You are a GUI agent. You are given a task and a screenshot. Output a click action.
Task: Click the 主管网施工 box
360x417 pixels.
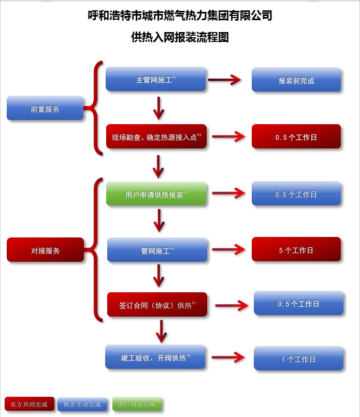tap(156, 80)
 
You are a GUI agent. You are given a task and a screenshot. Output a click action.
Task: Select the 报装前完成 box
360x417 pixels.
tap(296, 80)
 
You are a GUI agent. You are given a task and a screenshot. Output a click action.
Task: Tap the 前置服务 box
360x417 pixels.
tap(45, 109)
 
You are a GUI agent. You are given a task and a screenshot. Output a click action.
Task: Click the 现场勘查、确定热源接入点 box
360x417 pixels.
tap(156, 137)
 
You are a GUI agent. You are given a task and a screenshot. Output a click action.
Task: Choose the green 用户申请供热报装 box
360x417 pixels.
tap(156, 195)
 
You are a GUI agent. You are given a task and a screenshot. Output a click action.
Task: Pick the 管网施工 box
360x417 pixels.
tap(157, 250)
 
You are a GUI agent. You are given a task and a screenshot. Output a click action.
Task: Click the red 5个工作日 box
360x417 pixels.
tap(296, 250)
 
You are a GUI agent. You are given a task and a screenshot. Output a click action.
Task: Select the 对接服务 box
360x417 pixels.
tap(45, 250)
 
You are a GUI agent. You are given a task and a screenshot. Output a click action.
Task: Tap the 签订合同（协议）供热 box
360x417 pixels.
tap(157, 305)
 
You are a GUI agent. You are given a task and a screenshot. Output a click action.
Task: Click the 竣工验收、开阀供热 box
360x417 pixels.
tap(155, 357)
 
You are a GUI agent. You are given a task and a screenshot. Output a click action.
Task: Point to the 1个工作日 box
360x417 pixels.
tap(298, 359)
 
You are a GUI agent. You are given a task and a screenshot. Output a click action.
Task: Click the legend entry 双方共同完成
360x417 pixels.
tap(29, 404)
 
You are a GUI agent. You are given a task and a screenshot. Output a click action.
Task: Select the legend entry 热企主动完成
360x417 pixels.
tap(83, 404)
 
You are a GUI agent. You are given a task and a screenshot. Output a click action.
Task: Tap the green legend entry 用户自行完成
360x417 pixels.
tap(137, 404)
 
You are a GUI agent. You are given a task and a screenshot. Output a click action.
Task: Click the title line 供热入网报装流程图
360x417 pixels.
tap(180, 37)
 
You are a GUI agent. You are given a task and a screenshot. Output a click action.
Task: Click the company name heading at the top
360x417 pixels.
tap(180, 16)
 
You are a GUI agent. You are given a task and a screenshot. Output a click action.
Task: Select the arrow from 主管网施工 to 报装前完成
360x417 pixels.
tap(225, 80)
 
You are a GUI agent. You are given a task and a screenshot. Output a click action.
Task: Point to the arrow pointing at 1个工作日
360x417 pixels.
tap(228, 358)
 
